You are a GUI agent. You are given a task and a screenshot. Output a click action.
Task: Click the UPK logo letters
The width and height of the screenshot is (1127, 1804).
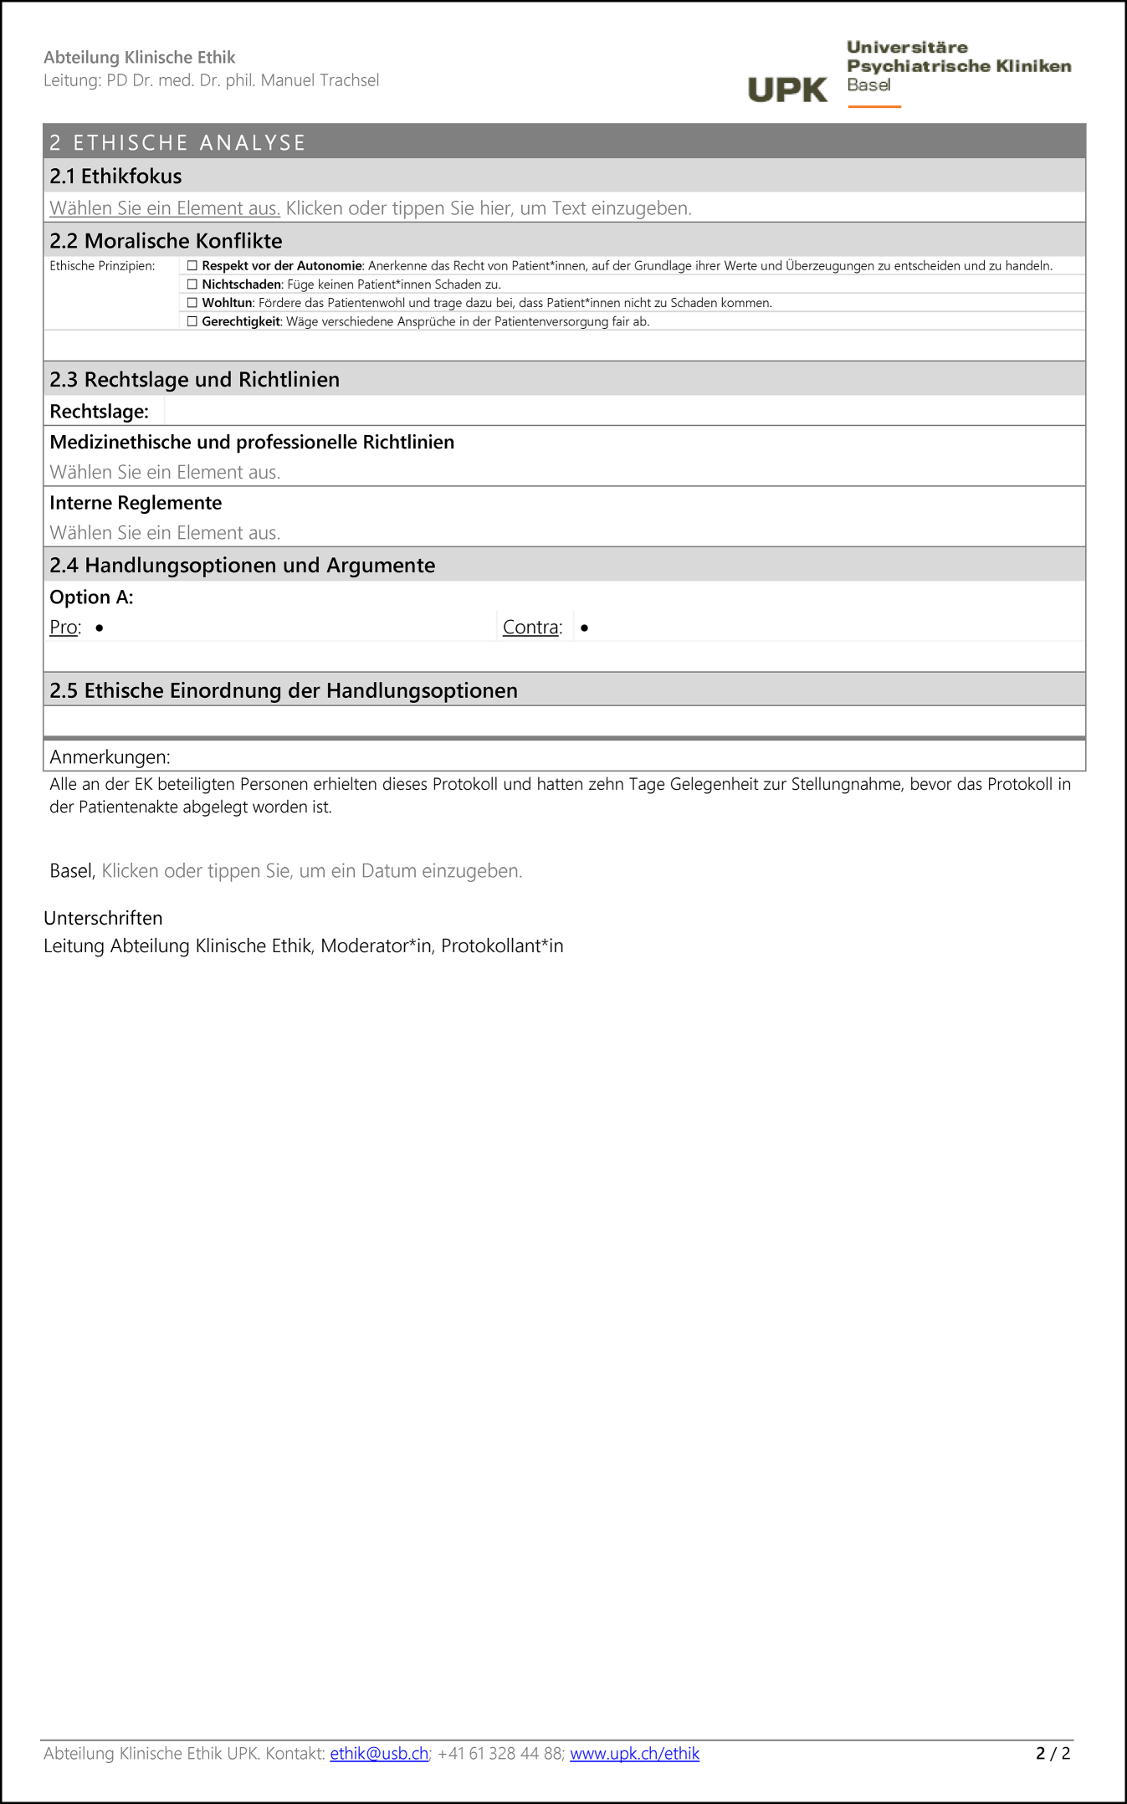tap(786, 90)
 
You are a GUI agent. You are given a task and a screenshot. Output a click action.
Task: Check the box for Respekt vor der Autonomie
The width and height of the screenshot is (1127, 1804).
tap(192, 266)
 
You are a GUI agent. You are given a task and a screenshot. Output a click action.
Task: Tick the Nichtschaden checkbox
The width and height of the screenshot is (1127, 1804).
tap(192, 284)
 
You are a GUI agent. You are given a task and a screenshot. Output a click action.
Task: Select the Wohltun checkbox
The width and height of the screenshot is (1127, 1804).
tap(192, 303)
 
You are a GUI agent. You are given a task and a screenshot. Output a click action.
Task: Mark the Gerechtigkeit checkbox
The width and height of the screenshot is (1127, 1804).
tap(192, 321)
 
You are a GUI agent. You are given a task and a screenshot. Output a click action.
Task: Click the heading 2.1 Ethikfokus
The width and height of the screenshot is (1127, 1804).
tap(115, 177)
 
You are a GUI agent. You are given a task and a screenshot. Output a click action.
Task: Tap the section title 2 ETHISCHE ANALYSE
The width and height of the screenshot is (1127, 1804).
tap(177, 143)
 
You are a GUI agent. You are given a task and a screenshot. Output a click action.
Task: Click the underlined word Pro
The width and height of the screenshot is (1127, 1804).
tap(64, 628)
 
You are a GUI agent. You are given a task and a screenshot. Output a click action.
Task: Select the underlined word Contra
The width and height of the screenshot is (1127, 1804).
tap(530, 628)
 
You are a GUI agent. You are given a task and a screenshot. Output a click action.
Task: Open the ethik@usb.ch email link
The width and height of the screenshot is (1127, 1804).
tap(379, 1754)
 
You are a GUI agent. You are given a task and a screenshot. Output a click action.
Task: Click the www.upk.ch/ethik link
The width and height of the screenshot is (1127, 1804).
tap(634, 1754)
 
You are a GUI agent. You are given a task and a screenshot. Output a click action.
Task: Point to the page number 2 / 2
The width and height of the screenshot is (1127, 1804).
tap(1053, 1754)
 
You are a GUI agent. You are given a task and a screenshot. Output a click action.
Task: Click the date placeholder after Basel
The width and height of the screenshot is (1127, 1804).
tap(311, 871)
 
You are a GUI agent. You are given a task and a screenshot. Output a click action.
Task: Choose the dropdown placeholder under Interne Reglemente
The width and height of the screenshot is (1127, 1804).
tap(165, 533)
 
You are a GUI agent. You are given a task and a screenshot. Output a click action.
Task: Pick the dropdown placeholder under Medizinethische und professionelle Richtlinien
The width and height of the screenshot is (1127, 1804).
tap(165, 473)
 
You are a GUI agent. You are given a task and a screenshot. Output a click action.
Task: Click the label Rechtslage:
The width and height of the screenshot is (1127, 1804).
tap(99, 412)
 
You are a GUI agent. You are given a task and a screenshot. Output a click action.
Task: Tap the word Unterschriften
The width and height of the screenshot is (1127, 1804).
tap(103, 919)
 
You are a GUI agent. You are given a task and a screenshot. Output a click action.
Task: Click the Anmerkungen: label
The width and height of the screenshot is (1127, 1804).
tap(110, 757)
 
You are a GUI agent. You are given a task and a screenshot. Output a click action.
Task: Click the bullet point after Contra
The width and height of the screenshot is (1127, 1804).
tap(584, 628)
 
